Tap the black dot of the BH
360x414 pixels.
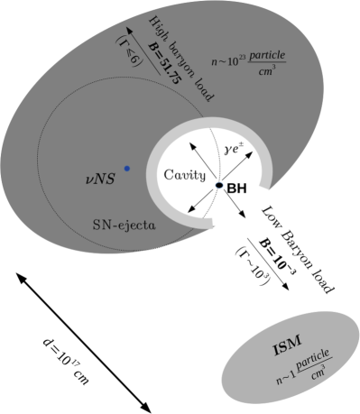[218, 186]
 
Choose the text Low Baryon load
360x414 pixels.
[299, 249]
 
